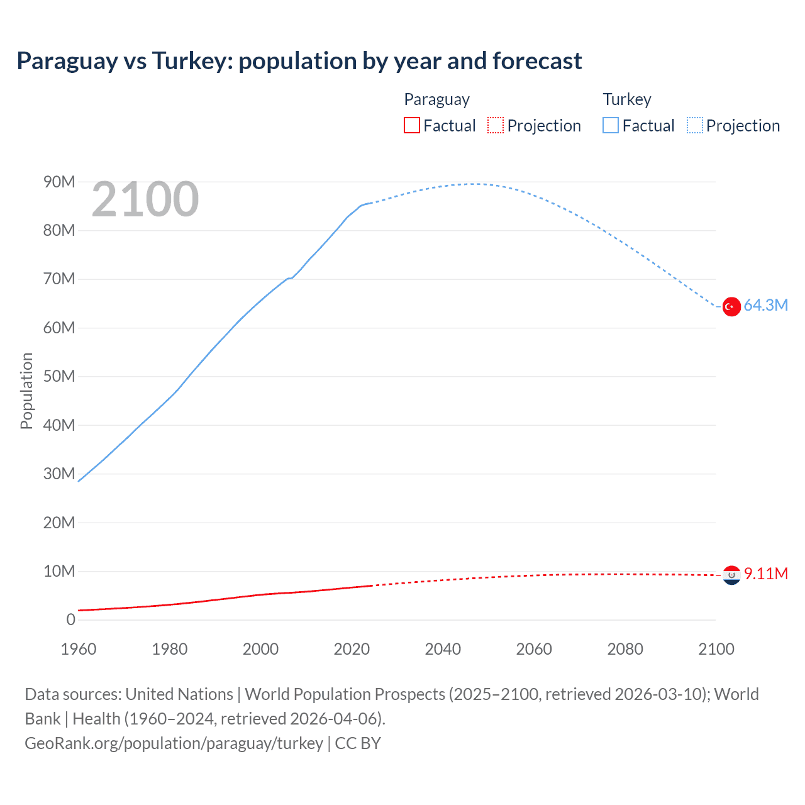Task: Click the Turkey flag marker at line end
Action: [731, 306]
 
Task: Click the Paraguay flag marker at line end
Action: [731, 575]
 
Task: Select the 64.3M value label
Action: [765, 306]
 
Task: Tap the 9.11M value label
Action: [765, 574]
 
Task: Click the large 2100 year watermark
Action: [145, 199]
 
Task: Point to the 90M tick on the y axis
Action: [59, 182]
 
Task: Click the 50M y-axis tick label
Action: [59, 377]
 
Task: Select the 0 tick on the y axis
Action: [70, 620]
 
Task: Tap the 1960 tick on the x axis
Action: [79, 649]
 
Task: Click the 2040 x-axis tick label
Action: [443, 649]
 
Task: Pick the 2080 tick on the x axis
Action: [625, 649]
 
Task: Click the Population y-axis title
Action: [26, 391]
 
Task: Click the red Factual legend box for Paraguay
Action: [411, 126]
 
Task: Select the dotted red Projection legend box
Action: [496, 126]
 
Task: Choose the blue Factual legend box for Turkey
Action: [611, 126]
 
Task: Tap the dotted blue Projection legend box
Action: [695, 126]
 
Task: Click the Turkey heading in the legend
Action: [627, 99]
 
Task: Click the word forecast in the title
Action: [537, 61]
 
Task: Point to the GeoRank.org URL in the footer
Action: [174, 743]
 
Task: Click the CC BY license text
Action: [358, 743]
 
